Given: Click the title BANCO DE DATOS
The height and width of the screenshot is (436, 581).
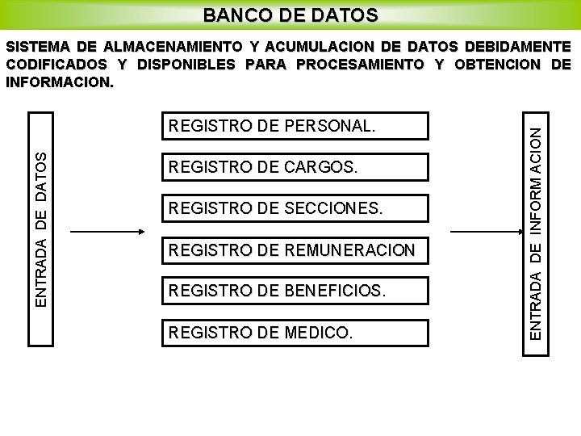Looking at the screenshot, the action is click(x=290, y=15).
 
